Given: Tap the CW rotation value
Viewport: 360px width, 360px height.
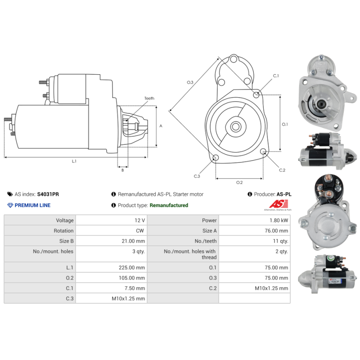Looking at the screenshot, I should [x=140, y=231].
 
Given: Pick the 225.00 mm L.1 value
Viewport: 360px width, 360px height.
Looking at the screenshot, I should [x=133, y=267].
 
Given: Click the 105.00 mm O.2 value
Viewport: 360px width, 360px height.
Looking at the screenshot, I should [x=133, y=278].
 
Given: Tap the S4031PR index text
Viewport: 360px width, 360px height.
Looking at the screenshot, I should [x=48, y=194].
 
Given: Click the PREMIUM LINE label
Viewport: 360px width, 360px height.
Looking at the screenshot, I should [x=32, y=205].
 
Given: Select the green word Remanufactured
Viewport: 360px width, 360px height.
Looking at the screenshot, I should [x=169, y=205].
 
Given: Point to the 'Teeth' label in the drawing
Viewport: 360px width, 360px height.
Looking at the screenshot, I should [x=149, y=99].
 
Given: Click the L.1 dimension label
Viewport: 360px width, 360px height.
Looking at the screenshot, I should [x=74, y=161].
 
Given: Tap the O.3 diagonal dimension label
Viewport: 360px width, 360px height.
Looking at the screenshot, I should [x=190, y=82].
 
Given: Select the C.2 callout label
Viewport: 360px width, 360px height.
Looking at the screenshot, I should [x=282, y=170].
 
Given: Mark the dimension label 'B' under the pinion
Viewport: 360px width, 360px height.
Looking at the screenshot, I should [x=122, y=170].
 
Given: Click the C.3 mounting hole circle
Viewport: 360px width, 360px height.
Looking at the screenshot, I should [x=216, y=157].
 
